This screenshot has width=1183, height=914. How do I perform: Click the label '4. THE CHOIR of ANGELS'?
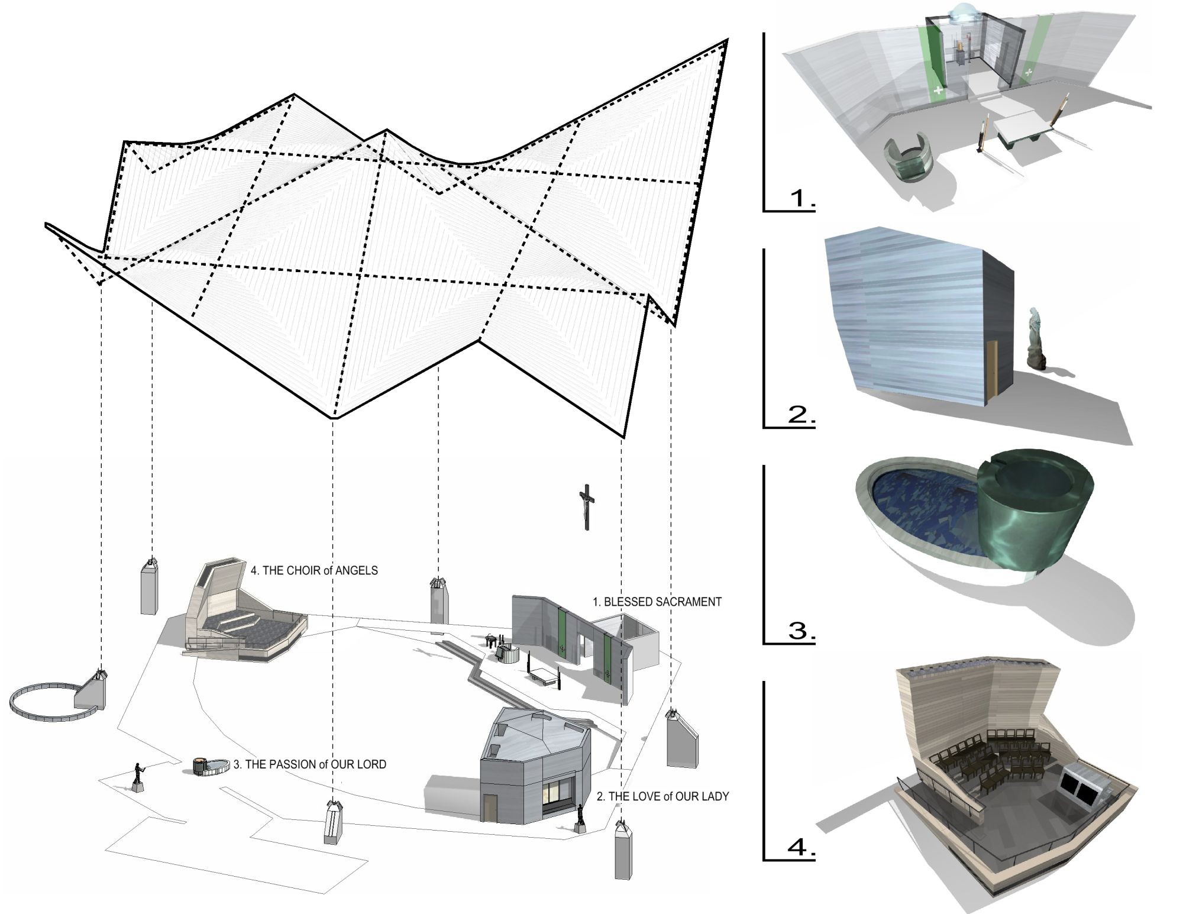[314, 571]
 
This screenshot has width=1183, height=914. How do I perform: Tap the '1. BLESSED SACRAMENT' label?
[657, 602]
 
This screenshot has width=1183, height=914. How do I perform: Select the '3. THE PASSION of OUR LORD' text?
[309, 764]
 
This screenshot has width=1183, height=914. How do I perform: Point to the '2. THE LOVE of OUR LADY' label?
[662, 797]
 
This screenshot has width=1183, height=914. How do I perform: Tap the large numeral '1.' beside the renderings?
[803, 199]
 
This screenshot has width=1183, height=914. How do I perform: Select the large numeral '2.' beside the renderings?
[801, 415]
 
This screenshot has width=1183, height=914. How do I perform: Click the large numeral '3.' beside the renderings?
[801, 631]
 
